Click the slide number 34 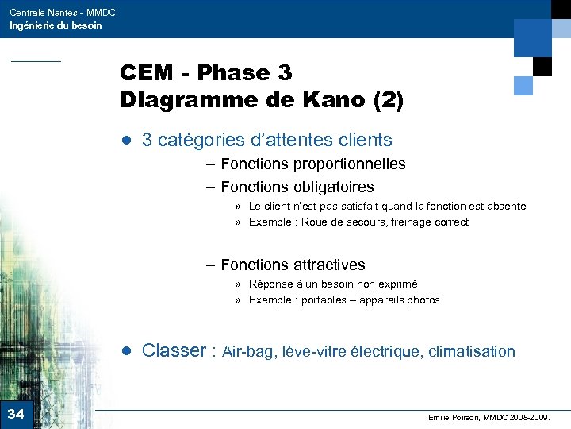pyautogui.click(x=16, y=414)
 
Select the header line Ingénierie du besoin pyautogui.click(x=56, y=25)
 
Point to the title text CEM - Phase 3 pyautogui.click(x=206, y=73)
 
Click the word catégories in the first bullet pyautogui.click(x=200, y=141)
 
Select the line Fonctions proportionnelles pyautogui.click(x=312, y=164)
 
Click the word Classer pyautogui.click(x=174, y=351)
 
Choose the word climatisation pyautogui.click(x=471, y=352)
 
